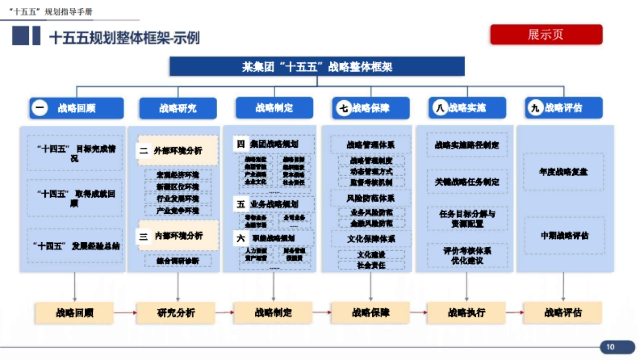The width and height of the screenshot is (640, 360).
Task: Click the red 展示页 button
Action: pos(546,35)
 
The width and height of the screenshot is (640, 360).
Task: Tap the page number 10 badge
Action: pos(610,347)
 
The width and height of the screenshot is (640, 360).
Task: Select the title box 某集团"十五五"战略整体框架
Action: pos(317,67)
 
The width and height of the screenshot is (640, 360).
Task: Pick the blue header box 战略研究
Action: pos(178,108)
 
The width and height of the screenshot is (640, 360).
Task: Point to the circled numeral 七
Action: pos(343,108)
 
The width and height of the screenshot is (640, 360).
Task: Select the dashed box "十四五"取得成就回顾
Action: pos(75,198)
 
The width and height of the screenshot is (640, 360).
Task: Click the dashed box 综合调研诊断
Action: pos(178,261)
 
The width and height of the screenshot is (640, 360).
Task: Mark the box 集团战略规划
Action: pos(274,144)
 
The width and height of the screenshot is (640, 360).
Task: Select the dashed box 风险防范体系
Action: pos(371,198)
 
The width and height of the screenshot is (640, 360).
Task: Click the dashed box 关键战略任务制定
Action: pos(467,182)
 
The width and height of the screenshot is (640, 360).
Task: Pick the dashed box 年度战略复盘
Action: pos(563,172)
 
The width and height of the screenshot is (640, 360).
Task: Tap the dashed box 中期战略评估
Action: pos(564,235)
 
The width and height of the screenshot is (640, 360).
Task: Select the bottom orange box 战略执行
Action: pos(467,313)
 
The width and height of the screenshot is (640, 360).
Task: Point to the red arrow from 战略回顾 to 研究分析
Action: pos(125,313)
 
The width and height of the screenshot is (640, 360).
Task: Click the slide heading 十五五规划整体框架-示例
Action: pos(124,38)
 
